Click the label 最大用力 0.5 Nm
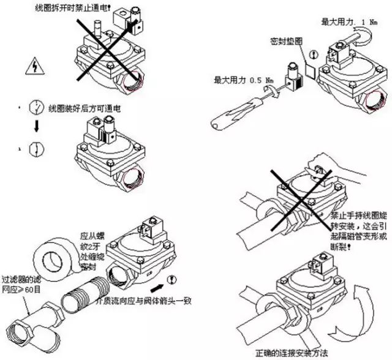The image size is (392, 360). click(x=244, y=80)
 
